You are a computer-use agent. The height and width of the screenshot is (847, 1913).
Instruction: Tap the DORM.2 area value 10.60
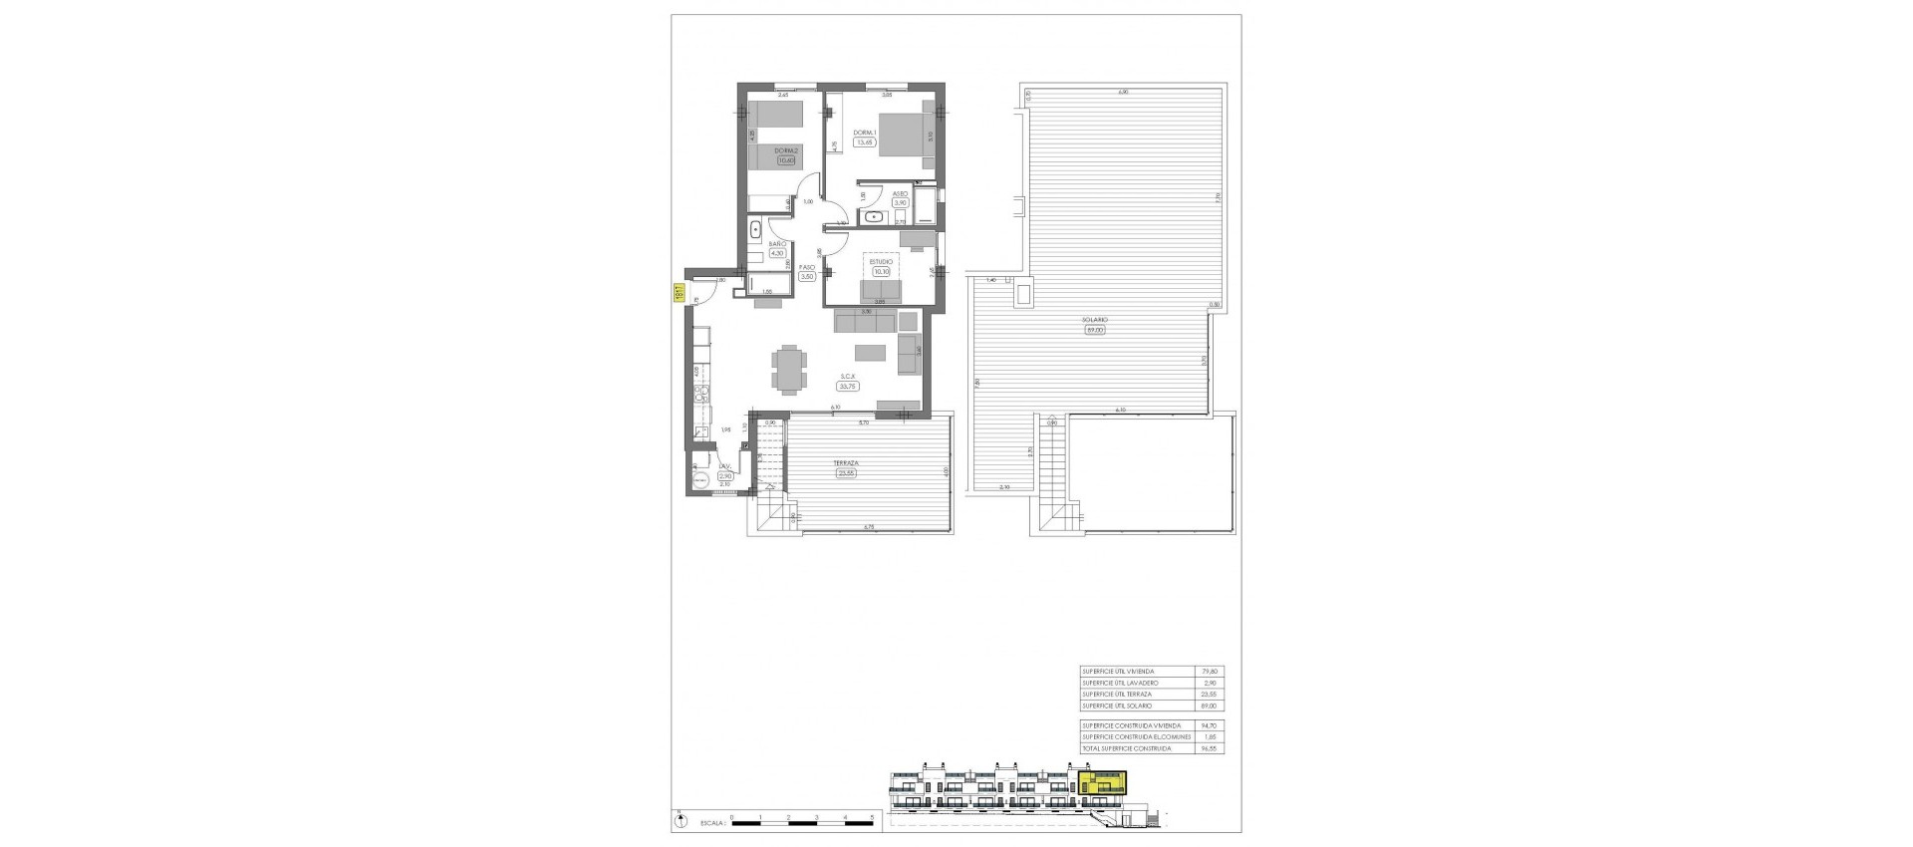click(x=786, y=160)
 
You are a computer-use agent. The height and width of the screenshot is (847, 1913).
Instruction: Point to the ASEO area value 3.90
click(x=901, y=202)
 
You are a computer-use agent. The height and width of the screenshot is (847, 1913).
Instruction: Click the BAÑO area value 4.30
click(x=777, y=253)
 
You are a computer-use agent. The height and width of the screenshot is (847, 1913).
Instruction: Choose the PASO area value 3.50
click(x=807, y=276)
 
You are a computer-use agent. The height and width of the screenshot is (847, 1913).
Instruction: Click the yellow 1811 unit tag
click(x=678, y=293)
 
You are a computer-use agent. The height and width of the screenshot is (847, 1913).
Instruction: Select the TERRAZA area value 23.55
click(x=848, y=473)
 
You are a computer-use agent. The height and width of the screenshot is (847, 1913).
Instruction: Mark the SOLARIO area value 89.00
click(x=1094, y=330)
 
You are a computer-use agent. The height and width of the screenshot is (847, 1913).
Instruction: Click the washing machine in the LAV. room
click(x=699, y=479)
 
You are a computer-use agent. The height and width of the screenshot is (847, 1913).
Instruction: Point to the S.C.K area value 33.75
click(x=848, y=386)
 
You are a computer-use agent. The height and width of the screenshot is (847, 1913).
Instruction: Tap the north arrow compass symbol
click(x=680, y=822)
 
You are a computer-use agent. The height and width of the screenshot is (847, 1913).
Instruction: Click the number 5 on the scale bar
click(x=873, y=817)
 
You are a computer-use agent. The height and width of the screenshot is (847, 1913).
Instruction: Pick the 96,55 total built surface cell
click(x=1211, y=748)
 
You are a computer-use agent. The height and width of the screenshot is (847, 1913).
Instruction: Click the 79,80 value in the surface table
click(x=1211, y=672)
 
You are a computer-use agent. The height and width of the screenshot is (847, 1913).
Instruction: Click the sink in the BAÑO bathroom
click(x=756, y=229)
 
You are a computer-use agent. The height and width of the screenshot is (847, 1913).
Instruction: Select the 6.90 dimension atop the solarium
click(x=1122, y=93)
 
